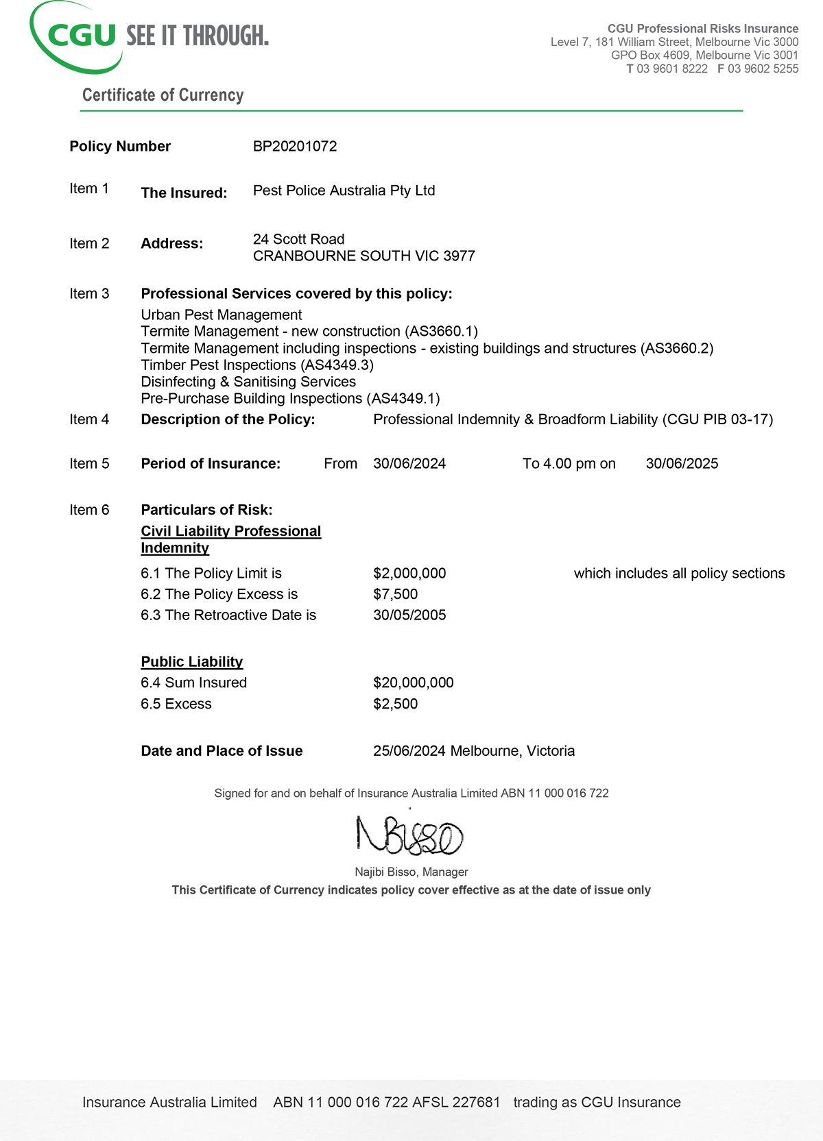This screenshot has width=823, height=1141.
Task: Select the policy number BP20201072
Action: click(x=295, y=146)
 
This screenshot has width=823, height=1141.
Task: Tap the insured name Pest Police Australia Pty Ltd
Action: click(x=344, y=191)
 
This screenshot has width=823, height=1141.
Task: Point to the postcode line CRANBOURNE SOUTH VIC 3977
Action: click(x=363, y=256)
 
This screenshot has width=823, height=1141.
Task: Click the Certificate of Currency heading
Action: click(x=163, y=95)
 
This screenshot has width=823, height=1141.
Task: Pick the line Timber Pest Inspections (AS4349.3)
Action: click(x=257, y=365)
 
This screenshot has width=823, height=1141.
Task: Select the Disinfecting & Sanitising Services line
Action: click(x=248, y=382)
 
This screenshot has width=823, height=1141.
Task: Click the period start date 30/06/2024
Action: click(x=409, y=464)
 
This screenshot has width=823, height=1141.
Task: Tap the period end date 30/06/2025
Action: click(x=682, y=464)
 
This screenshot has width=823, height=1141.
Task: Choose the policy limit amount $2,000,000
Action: click(x=409, y=574)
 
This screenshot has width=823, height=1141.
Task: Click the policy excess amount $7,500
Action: click(x=395, y=594)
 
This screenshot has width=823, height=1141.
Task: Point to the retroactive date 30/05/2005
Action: click(x=409, y=615)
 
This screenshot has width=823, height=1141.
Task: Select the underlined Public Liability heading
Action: click(x=192, y=662)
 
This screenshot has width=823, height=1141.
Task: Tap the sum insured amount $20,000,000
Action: click(x=413, y=683)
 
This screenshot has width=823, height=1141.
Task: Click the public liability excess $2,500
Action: click(x=395, y=704)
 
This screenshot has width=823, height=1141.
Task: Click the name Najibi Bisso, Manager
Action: click(x=411, y=872)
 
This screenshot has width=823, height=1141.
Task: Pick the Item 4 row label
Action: click(x=89, y=419)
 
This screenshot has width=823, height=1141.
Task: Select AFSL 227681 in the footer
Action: click(x=457, y=1103)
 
